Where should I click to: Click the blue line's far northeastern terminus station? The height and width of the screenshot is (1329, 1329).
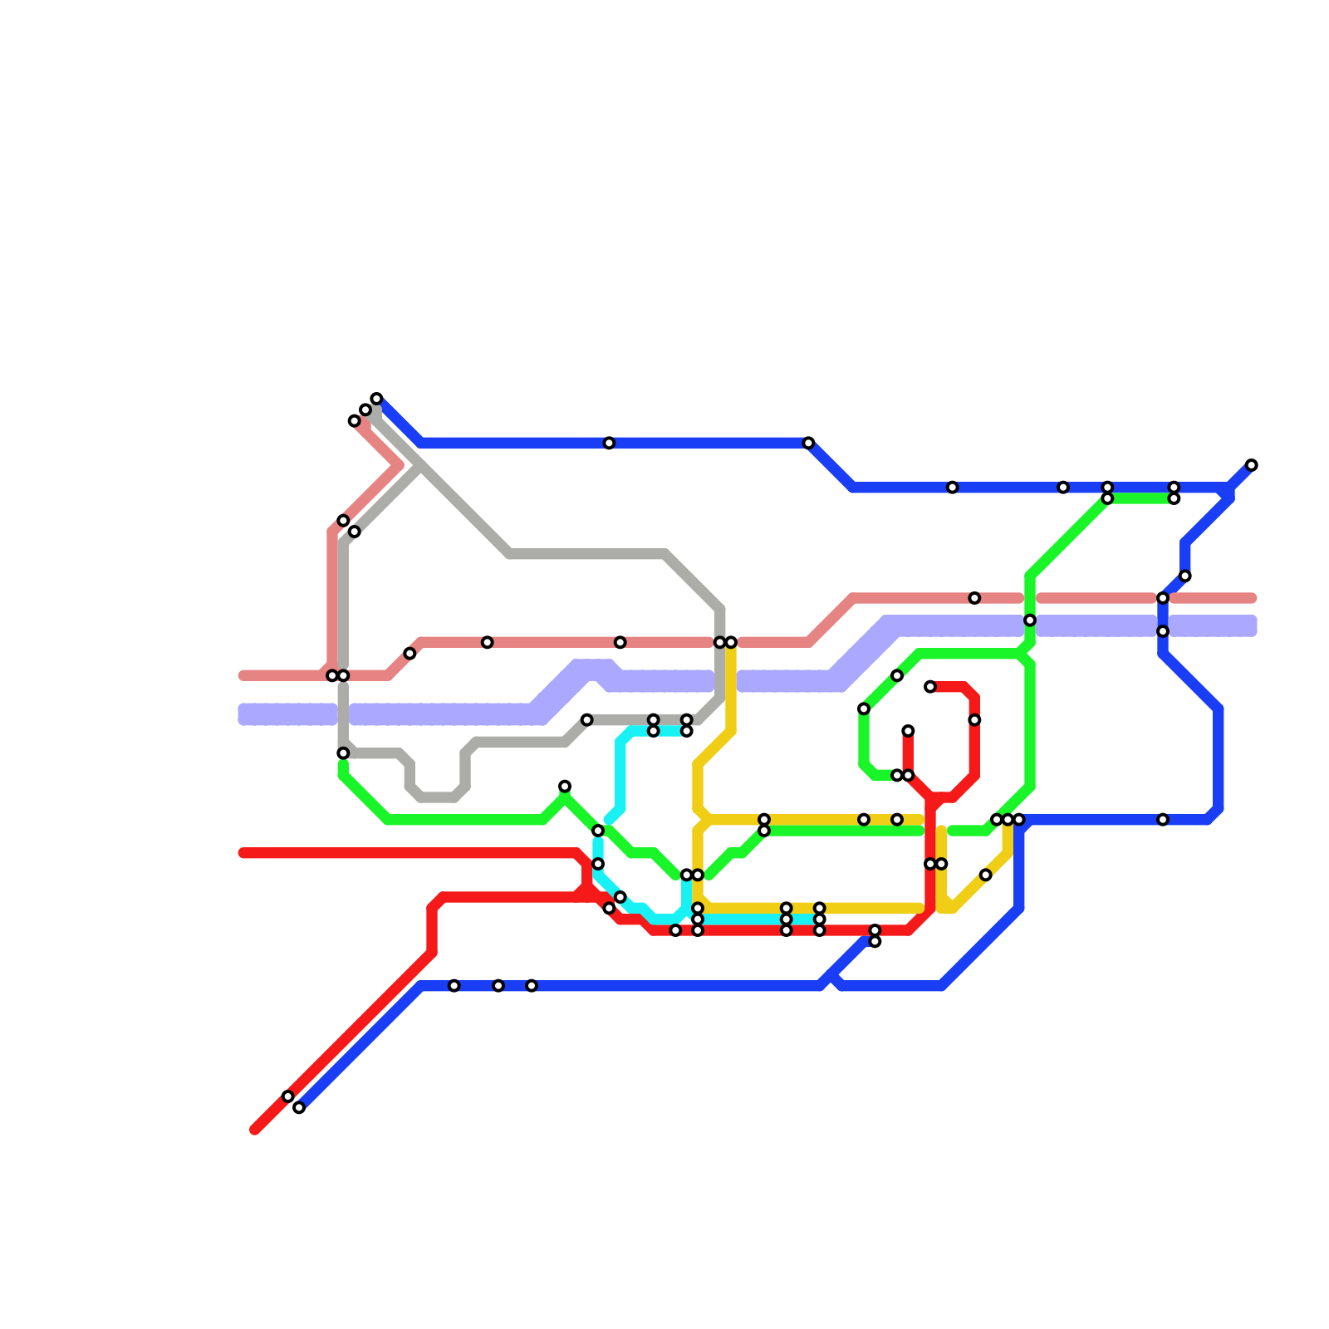[1251, 465]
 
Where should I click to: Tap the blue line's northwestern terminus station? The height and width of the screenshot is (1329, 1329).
[376, 399]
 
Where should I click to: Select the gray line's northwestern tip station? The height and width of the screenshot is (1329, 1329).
[365, 409]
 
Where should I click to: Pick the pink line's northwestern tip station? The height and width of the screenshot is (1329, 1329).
[355, 421]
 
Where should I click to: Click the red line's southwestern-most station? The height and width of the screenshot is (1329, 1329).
[287, 1096]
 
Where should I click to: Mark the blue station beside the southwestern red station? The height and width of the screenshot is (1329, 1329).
[299, 1107]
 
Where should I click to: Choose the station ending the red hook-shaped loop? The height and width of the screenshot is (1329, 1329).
[930, 687]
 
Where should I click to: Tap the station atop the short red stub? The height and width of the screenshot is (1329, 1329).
[908, 731]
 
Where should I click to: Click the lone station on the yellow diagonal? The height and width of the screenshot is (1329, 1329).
[985, 875]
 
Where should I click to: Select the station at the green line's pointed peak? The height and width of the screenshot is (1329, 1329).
[565, 786]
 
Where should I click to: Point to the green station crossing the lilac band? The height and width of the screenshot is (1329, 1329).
[1030, 620]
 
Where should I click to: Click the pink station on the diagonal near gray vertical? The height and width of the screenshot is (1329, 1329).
[409, 654]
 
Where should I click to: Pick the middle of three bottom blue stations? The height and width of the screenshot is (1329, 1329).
[498, 986]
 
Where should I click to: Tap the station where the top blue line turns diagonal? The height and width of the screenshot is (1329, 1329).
[808, 443]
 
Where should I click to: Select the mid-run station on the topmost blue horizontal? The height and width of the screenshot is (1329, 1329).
[609, 443]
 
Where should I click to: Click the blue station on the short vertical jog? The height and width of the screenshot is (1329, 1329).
[1185, 576]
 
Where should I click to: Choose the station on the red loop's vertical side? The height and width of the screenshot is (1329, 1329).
[974, 720]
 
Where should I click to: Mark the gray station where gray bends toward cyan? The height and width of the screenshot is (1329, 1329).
[587, 720]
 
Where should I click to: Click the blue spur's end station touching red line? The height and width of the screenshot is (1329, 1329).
[875, 941]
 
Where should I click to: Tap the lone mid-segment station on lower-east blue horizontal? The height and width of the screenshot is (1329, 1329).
[1163, 820]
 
